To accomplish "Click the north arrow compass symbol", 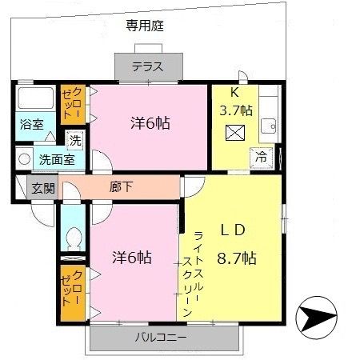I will point(318,320).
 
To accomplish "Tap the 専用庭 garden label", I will point(146,25).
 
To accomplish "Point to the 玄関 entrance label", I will point(43,188).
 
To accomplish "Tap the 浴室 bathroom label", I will point(32,125).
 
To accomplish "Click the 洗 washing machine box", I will point(74,140).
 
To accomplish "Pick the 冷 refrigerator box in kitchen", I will point(261,158).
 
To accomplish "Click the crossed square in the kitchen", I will point(237,132).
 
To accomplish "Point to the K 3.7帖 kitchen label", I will point(236,101).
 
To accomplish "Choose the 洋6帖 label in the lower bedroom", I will point(132,258).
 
